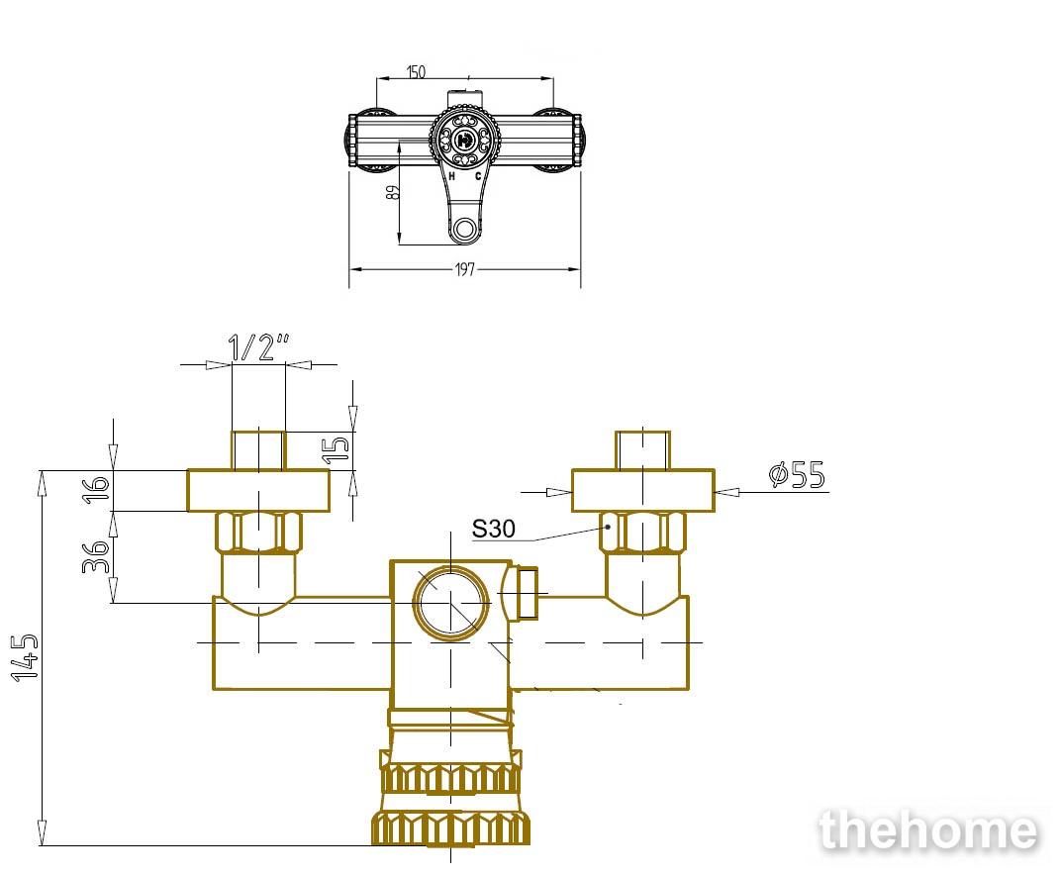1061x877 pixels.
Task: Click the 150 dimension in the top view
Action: (416, 71)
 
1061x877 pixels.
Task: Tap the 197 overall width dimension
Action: (465, 269)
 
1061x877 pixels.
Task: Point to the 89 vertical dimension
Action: (393, 191)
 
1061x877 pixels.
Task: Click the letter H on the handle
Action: (452, 176)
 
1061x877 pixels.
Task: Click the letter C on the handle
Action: (478, 176)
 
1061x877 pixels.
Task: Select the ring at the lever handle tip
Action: (465, 228)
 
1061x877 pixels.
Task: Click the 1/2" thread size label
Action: (259, 346)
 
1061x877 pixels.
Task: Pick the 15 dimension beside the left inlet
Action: (337, 449)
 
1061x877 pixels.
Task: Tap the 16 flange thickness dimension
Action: (96, 489)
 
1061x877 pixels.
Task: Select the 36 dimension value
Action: (96, 556)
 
